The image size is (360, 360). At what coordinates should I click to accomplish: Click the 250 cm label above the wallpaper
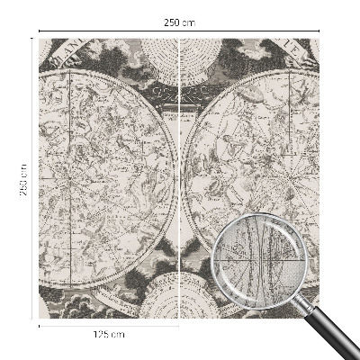[x=180, y=22]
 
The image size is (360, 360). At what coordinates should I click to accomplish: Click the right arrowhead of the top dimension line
[x=319, y=31]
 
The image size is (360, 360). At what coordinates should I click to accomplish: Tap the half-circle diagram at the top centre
[x=180, y=54]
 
